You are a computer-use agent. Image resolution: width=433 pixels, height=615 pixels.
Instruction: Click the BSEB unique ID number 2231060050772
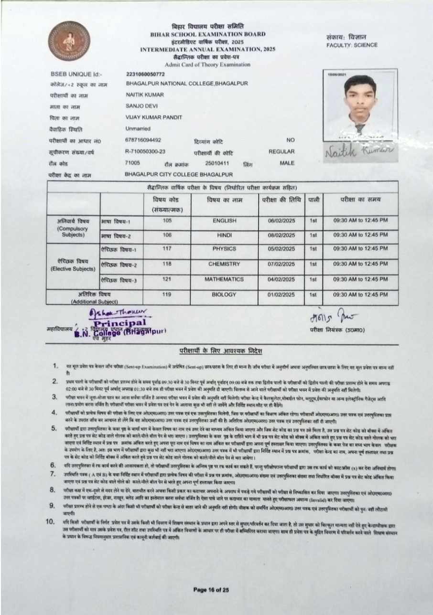[145, 75]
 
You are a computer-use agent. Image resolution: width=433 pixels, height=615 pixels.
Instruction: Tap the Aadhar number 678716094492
[143, 140]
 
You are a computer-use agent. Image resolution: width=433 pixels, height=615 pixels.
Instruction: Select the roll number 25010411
[217, 163]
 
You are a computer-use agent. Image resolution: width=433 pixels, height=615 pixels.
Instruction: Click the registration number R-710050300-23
[145, 151]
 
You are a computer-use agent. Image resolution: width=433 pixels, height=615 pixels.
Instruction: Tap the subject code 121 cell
[167, 279]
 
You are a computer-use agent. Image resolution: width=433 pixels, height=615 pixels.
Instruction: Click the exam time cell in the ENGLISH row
[360, 220]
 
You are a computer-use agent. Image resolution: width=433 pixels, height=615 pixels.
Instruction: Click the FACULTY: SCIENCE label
[352, 45]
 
